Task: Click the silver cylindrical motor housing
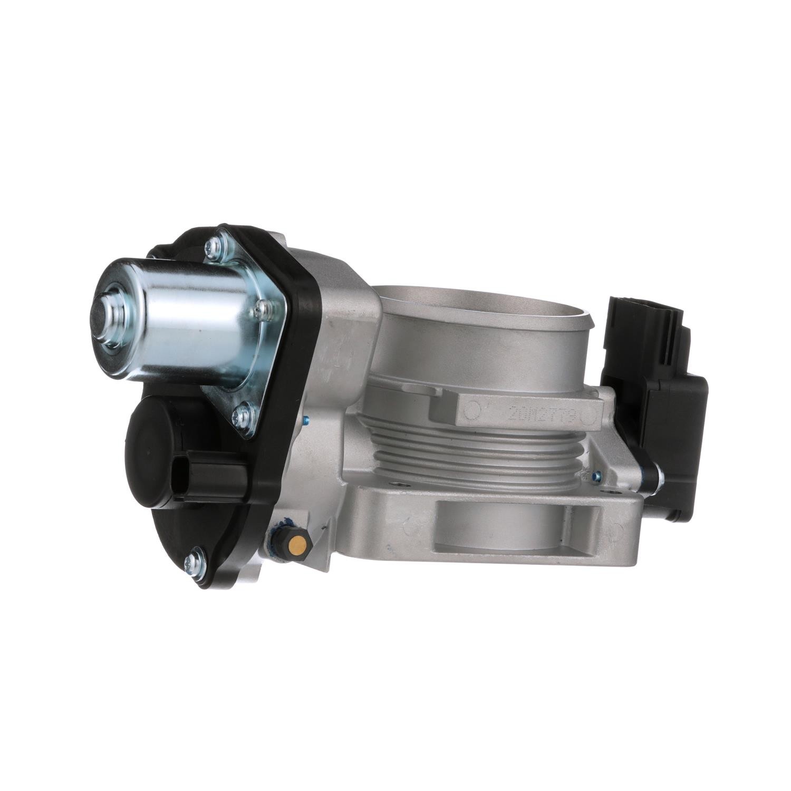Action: click(x=169, y=322)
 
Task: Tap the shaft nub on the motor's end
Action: click(x=109, y=311)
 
